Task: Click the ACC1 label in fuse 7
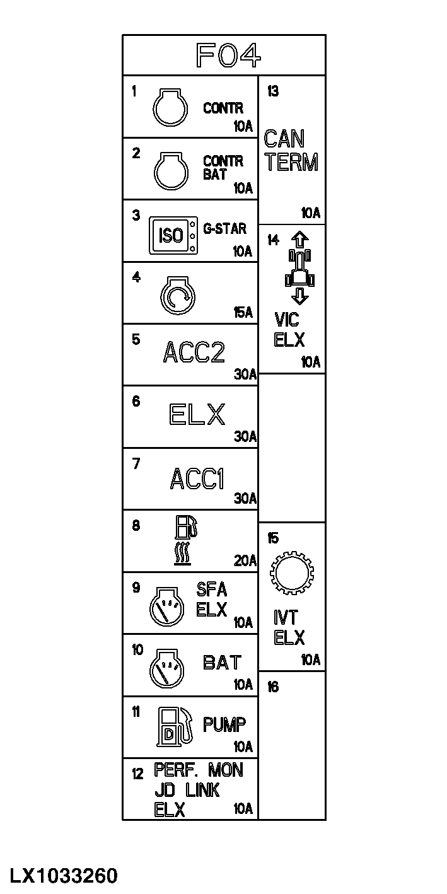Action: tap(197, 479)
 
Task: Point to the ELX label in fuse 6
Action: tap(197, 415)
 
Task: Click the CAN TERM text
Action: tap(291, 151)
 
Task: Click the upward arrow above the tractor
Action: tap(300, 240)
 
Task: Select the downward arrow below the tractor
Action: tap(300, 296)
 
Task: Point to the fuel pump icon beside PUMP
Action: tap(173, 726)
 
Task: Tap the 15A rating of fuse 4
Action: tap(243, 312)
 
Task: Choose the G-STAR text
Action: tap(224, 228)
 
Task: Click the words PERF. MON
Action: tap(198, 770)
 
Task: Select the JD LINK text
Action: tap(187, 791)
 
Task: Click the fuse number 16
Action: tap(273, 687)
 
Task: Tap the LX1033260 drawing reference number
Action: tap(63, 876)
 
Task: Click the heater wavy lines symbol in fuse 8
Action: tap(182, 555)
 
